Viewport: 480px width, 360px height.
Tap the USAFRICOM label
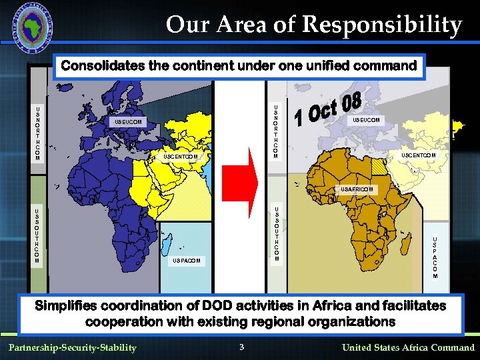(359, 189)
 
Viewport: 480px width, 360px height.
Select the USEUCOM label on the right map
(366, 120)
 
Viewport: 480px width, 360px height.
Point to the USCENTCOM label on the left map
(181, 157)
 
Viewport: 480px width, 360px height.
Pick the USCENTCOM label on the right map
(419, 155)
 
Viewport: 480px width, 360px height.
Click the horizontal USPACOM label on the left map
(186, 260)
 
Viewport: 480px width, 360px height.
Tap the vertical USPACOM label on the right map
(435, 257)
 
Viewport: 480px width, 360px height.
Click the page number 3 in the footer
(242, 347)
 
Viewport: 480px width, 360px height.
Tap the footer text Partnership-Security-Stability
(72, 347)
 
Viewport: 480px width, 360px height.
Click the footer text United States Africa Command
(408, 347)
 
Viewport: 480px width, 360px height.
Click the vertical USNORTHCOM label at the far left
(38, 134)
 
